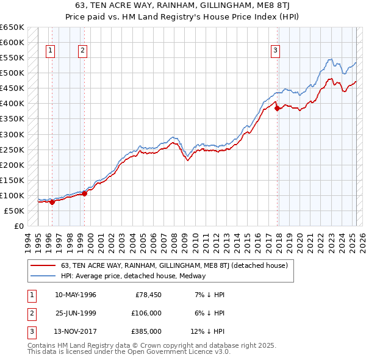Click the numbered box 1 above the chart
(x=49, y=51)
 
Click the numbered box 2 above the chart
(x=82, y=51)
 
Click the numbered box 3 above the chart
(x=276, y=51)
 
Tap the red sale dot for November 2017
(x=278, y=109)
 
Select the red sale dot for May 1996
(x=52, y=202)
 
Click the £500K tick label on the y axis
(x=13, y=73)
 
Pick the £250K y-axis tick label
(x=13, y=149)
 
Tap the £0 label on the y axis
(x=18, y=226)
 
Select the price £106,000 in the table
(x=146, y=313)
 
